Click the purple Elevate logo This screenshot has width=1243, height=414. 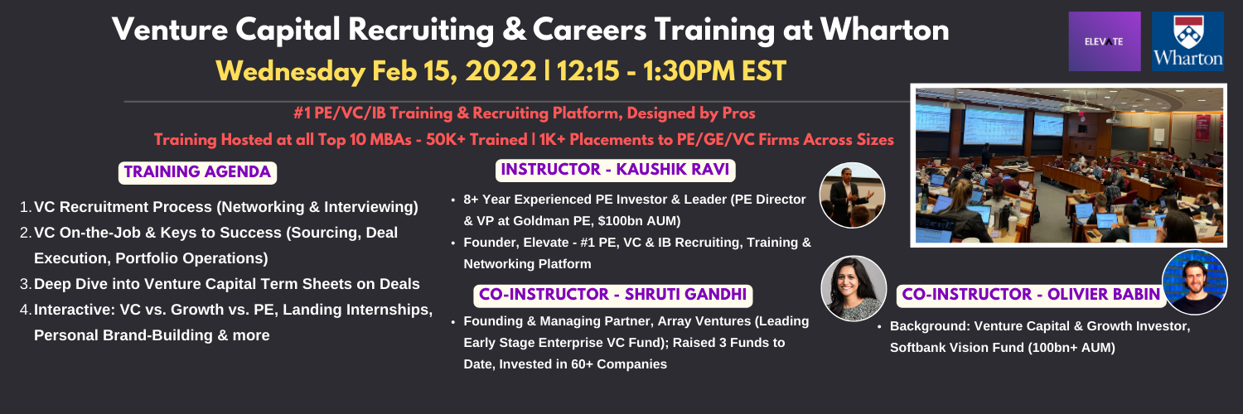pyautogui.click(x=1105, y=41)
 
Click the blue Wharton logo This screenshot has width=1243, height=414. pyautogui.click(x=1187, y=41)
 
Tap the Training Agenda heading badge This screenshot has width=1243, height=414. pyautogui.click(x=197, y=172)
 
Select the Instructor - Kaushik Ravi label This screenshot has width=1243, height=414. pyautogui.click(x=615, y=170)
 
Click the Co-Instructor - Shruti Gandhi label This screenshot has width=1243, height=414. pyautogui.click(x=612, y=296)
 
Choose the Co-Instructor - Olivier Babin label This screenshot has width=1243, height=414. pyautogui.click(x=1031, y=296)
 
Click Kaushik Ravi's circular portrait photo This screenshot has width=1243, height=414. pyautogui.click(x=853, y=195)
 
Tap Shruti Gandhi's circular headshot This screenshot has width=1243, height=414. pyautogui.click(x=854, y=288)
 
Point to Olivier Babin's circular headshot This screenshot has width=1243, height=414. pyautogui.click(x=1195, y=282)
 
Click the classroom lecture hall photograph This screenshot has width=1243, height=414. pyautogui.click(x=1069, y=165)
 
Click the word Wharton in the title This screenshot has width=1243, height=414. pyautogui.click(x=884, y=30)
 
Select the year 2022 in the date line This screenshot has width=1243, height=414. pyautogui.click(x=501, y=71)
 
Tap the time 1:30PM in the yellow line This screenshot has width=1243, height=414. pyautogui.click(x=689, y=71)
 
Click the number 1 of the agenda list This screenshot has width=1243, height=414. pyautogui.click(x=25, y=207)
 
